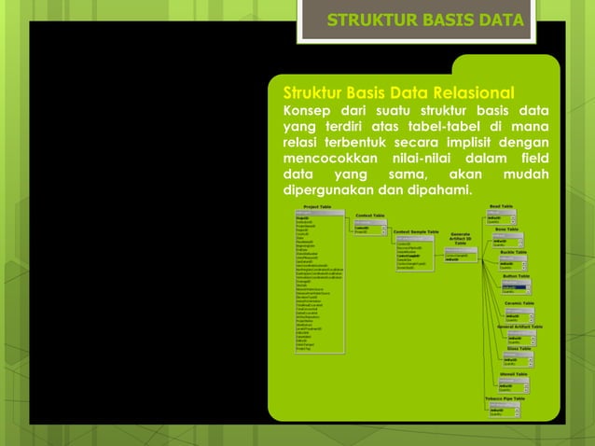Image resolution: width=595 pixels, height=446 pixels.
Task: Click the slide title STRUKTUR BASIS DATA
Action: coord(424,21)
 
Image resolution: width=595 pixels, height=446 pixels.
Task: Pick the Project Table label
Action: coord(310,206)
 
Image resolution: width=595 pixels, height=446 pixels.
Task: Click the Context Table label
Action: coord(370,215)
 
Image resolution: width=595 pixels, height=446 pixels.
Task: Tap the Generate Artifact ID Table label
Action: coord(460,238)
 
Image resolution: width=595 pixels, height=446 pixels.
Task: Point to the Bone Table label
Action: coord(506,229)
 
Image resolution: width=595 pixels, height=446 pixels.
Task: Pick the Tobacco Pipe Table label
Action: coord(505,398)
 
